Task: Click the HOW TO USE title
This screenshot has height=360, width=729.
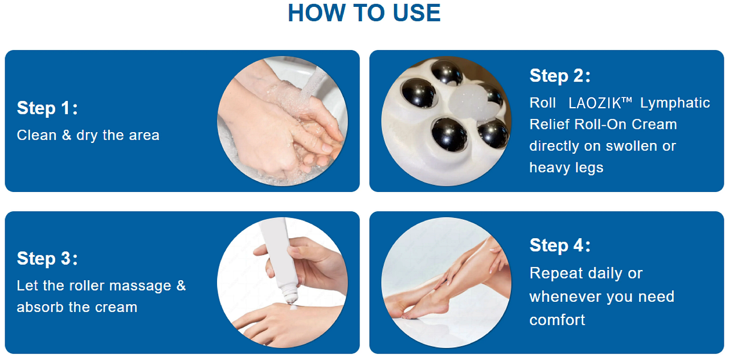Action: pyautogui.click(x=364, y=13)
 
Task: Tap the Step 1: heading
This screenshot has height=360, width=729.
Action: pyautogui.click(x=47, y=108)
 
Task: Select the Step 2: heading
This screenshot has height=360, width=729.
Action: pyautogui.click(x=560, y=76)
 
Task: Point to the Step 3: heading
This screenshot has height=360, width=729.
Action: pyautogui.click(x=47, y=258)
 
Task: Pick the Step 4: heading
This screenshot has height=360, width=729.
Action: pyautogui.click(x=560, y=245)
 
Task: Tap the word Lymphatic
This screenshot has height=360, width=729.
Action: pyautogui.click(x=675, y=103)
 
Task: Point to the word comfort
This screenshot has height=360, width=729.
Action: pyautogui.click(x=557, y=320)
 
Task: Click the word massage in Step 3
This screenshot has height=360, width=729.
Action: pyautogui.click(x=140, y=286)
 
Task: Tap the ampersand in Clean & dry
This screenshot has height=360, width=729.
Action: pyautogui.click(x=67, y=135)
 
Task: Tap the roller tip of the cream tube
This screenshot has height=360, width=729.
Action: pyautogui.click(x=290, y=297)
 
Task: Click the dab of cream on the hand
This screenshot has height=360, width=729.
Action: pyautogui.click(x=293, y=307)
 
